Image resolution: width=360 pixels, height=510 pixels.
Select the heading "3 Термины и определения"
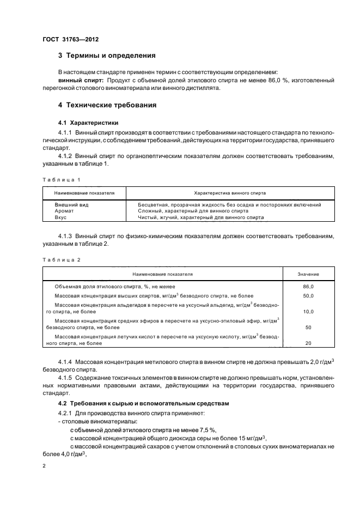107,56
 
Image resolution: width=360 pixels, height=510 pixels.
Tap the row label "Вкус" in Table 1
60,217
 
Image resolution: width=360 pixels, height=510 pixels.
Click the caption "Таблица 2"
61,260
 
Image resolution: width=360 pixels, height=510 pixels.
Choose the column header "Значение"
308,274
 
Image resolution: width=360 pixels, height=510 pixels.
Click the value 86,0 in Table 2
308,286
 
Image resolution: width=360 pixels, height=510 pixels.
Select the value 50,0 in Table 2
308,295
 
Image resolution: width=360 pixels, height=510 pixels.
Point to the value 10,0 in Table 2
308,312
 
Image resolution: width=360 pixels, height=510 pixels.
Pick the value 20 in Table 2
308,344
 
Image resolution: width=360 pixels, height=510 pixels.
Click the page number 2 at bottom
45,466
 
